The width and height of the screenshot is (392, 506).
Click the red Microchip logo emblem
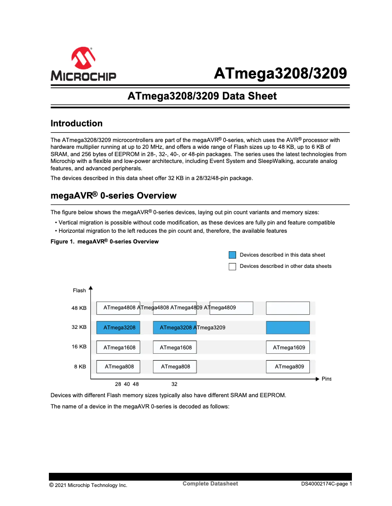point(83,59)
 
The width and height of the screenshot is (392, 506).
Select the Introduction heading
point(77,123)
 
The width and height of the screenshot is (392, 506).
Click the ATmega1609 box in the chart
point(288,347)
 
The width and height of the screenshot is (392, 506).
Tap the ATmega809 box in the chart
point(288,366)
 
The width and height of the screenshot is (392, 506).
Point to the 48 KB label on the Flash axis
point(79,308)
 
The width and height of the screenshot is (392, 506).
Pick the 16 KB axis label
point(79,347)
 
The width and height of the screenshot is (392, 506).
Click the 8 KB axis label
point(80,366)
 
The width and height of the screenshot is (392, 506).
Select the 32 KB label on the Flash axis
point(79,327)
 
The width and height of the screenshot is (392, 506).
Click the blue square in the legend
point(232,255)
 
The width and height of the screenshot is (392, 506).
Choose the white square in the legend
point(232,266)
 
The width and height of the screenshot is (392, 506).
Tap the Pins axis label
point(326,379)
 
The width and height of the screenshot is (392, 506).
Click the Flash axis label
point(79,290)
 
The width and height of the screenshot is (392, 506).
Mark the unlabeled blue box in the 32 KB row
point(288,327)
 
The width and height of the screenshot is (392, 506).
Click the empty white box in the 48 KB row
point(288,308)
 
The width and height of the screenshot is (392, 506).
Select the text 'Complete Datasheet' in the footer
point(210,484)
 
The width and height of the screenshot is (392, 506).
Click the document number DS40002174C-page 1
point(326,485)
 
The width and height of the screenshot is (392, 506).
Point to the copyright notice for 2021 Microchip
point(88,485)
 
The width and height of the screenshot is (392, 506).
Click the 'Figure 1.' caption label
point(63,242)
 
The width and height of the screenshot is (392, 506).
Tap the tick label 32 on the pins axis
point(174,384)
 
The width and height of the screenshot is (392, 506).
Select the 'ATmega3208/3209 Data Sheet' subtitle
point(202,96)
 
